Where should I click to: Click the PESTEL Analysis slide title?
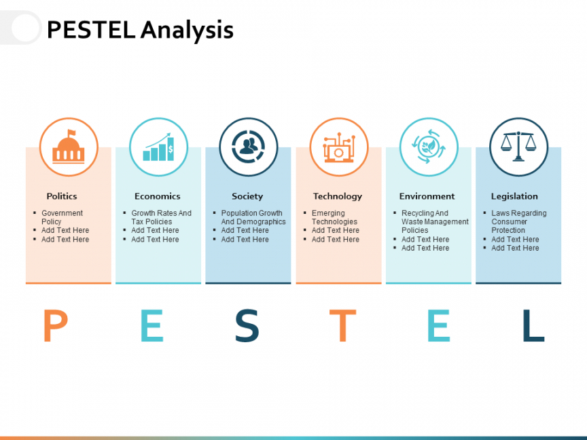click(x=140, y=30)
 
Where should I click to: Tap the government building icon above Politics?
click(x=69, y=147)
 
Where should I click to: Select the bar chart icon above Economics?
click(x=158, y=147)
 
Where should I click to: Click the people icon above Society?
click(x=248, y=147)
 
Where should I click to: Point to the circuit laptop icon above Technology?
click(x=339, y=147)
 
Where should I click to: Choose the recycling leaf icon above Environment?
click(x=429, y=147)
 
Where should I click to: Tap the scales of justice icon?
click(x=518, y=146)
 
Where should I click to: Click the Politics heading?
click(x=62, y=196)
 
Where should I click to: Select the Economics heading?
click(x=157, y=196)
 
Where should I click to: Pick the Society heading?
click(x=247, y=196)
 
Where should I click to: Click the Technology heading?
click(x=337, y=196)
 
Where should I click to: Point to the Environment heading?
click(x=427, y=196)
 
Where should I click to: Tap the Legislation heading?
click(x=514, y=196)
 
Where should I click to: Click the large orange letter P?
click(x=56, y=325)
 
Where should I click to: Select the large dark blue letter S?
click(x=247, y=325)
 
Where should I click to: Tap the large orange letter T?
click(x=342, y=325)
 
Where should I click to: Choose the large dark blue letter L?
click(x=533, y=325)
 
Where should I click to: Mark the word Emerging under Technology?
click(x=328, y=213)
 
